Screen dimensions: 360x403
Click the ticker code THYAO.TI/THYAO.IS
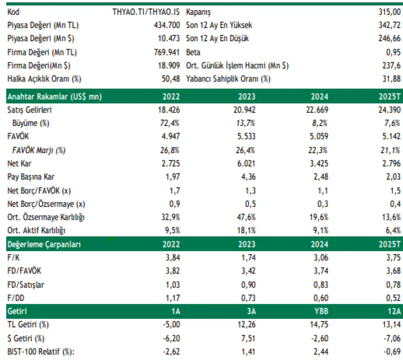[x=146, y=12]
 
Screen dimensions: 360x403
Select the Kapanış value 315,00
[x=389, y=12]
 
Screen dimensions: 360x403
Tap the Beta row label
[x=193, y=52]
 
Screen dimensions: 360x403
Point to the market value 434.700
[x=167, y=25]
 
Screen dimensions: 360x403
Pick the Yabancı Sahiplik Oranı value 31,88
[x=392, y=79]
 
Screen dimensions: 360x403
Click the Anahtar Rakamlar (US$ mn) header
[x=55, y=97]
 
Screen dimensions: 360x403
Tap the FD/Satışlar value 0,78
[x=393, y=285]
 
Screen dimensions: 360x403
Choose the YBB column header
[x=319, y=312]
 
